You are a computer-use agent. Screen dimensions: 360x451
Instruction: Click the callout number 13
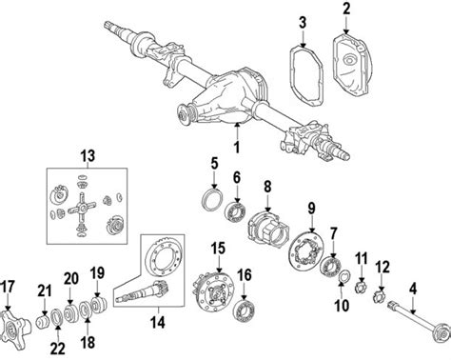coord(88,155)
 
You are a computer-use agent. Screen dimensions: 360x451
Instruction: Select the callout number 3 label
coord(302,22)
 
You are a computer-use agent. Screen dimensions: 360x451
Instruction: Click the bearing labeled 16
coord(245,306)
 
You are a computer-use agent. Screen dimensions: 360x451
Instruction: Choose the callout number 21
coord(43,290)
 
